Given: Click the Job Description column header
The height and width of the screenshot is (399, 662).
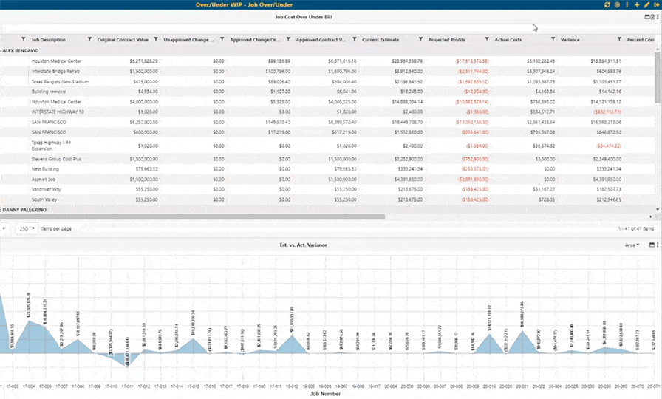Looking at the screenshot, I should pos(49,39).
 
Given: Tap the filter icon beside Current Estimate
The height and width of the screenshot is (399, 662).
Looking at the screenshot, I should pos(420,39).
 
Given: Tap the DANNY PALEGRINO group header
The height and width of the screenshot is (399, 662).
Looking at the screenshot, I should pos(27,211).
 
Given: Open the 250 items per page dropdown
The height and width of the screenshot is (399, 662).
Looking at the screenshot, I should pos(27,229).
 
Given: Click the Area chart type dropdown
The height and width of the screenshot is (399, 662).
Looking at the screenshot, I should pos(632,245).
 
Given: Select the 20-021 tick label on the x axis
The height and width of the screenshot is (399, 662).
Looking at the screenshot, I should pos(522,386).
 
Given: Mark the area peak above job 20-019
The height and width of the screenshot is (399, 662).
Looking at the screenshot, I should pos(488,334).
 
